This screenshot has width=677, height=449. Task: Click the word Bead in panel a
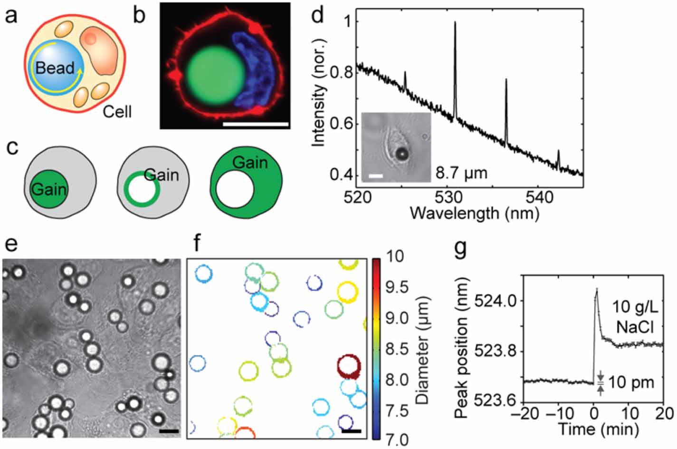[55, 68]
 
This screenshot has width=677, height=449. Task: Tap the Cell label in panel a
[117, 112]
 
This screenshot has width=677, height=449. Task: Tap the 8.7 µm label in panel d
[462, 173]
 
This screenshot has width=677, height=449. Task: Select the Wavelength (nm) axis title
[474, 213]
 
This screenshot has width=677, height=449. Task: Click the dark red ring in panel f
[349, 366]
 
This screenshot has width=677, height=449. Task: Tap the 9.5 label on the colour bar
[395, 287]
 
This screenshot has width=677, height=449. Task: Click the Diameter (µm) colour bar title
[422, 350]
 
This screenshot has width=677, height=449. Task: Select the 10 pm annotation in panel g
[631, 382]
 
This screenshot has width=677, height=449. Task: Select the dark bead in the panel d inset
[402, 153]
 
